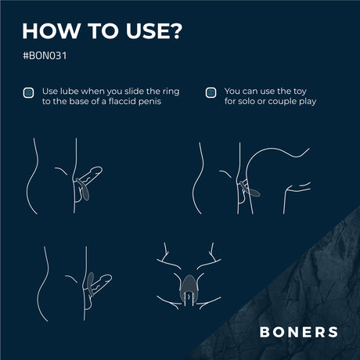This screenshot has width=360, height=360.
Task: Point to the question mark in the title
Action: coord(173,31)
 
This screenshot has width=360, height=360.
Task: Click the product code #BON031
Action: coord(45,56)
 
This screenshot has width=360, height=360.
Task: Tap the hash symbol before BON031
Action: coord(26,56)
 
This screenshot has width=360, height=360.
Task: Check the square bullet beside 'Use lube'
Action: coord(28,92)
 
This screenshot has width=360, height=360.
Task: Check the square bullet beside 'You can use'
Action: coord(211,92)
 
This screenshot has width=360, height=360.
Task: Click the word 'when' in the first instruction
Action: coord(92,92)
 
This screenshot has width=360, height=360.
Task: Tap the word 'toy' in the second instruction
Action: coord(300,92)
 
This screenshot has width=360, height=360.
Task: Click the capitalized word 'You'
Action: coord(232,92)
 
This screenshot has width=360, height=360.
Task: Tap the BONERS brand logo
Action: coord(299,332)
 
